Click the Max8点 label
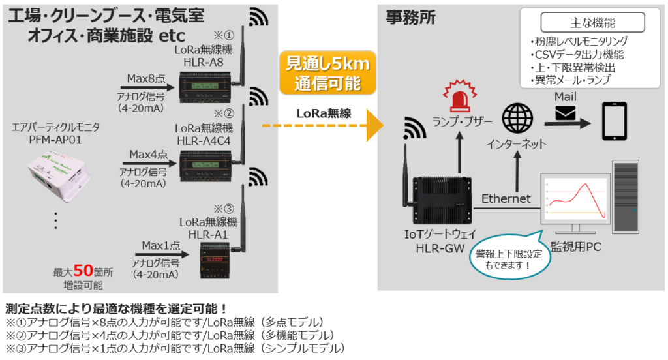pyautogui.click(x=147, y=79)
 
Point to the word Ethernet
pyautogui.click(x=506, y=198)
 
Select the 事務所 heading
pyautogui.click(x=410, y=18)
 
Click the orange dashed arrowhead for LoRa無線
pyautogui.click(x=375, y=126)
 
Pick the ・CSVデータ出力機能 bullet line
pyautogui.click(x=577, y=54)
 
